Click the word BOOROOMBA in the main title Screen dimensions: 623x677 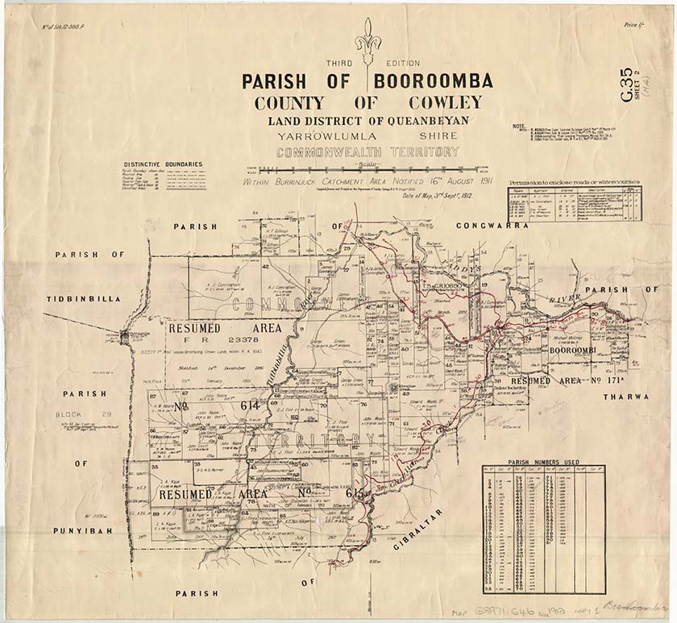click(x=432, y=81)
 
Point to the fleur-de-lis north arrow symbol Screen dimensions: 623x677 click(x=368, y=40)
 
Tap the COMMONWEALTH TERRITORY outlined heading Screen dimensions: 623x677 click(x=368, y=151)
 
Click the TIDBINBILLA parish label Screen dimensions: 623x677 click(x=83, y=298)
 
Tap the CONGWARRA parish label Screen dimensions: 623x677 click(x=492, y=226)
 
